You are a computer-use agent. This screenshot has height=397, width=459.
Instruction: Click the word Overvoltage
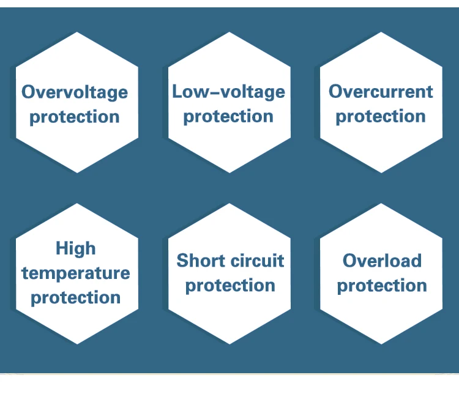pyautogui.click(x=75, y=92)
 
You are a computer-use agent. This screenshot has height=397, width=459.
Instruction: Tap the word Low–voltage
pyautogui.click(x=229, y=92)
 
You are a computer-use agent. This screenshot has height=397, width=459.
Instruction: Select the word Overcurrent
pyautogui.click(x=381, y=92)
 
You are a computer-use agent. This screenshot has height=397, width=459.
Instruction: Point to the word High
pyautogui.click(x=76, y=249)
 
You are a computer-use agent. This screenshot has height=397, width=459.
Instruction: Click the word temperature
pyautogui.click(x=76, y=273)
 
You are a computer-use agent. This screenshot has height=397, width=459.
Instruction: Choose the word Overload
pyautogui.click(x=382, y=261)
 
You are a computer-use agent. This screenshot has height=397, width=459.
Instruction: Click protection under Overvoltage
pyautogui.click(x=75, y=117)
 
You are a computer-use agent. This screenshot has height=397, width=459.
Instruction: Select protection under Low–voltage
pyautogui.click(x=228, y=117)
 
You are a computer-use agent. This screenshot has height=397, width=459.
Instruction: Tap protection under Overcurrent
pyautogui.click(x=381, y=117)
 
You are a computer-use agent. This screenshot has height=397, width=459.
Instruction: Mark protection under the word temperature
pyautogui.click(x=76, y=298)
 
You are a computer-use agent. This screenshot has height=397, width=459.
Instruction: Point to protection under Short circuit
pyautogui.click(x=230, y=286)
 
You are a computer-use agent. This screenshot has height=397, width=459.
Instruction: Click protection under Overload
pyautogui.click(x=382, y=286)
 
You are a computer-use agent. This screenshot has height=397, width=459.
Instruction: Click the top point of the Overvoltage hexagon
pyautogui.click(x=77, y=32)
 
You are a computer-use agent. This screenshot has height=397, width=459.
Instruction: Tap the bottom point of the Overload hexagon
pyautogui.click(x=381, y=344)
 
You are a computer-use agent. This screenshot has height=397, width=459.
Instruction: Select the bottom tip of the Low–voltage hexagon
pyautogui.click(x=229, y=173)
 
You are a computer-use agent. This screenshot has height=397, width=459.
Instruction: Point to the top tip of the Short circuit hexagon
pyautogui.click(x=229, y=203)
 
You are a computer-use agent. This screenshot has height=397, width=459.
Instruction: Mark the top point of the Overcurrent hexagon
pyautogui.click(x=381, y=32)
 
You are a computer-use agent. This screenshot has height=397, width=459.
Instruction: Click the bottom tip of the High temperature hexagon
pyautogui.click(x=77, y=344)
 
